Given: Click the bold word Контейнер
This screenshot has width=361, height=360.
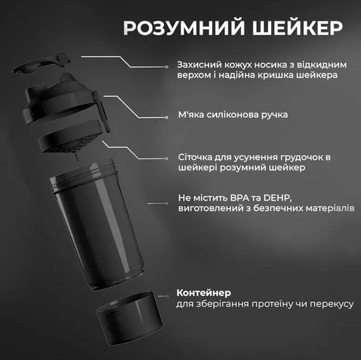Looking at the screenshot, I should point(204,293).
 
